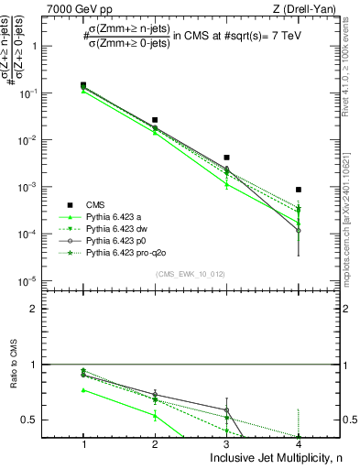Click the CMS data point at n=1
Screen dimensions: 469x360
[x=83, y=85]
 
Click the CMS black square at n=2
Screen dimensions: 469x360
[x=155, y=120]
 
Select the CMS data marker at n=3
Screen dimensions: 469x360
[x=226, y=158]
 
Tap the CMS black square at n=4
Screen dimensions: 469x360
[x=299, y=190]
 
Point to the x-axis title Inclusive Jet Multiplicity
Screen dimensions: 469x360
[x=261, y=456]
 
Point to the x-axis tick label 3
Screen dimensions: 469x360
[x=226, y=442]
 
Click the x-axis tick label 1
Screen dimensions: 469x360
[x=83, y=442]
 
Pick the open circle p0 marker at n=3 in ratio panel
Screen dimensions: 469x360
[x=226, y=409]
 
